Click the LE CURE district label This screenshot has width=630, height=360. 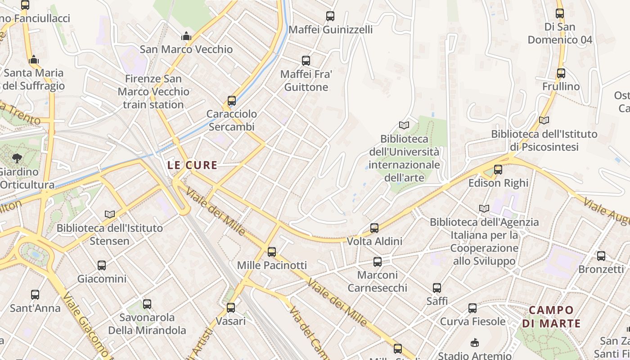coord(192,165)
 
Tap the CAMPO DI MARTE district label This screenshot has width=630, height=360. coord(551,316)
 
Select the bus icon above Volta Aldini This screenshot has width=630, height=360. coord(374,228)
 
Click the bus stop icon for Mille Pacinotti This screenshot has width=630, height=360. coord(272,252)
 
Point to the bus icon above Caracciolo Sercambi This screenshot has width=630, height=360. coord(232,101)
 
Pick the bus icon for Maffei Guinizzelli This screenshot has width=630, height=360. coord(330,16)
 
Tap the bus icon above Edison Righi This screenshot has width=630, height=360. coord(498,170)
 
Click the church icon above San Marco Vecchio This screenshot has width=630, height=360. coord(186,36)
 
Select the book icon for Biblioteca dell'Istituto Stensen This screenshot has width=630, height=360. coord(110,214)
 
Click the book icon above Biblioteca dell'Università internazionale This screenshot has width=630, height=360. coord(404,125)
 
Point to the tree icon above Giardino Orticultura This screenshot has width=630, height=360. coord(17,158)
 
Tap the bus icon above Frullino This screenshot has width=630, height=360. coord(561,73)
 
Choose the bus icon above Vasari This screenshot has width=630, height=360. coord(231,308)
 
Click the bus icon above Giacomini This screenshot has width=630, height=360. coord(102,265)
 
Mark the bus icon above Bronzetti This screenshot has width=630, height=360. coord(601,256)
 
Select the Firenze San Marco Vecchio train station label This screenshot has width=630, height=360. coord(153,92)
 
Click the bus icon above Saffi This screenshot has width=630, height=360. coord(437,288)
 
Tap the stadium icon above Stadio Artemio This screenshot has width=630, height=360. coord(474,343)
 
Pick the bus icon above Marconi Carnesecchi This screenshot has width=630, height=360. coord(378,261)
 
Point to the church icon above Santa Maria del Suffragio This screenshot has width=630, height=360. coord(34,59)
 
